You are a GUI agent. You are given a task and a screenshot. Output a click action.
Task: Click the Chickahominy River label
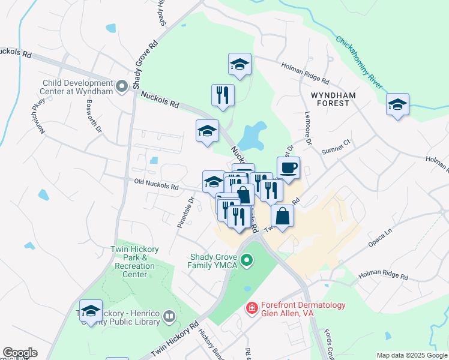pos(359,59)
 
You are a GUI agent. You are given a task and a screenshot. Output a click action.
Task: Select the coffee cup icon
pos(288,168)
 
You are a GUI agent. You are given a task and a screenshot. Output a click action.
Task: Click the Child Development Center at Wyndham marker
pos(122,87)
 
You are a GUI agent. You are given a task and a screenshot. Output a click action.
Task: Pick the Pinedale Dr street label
pos(187,212)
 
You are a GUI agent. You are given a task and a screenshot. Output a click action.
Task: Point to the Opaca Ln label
pos(381,239)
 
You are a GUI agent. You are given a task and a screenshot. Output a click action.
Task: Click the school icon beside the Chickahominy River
pos(397,104)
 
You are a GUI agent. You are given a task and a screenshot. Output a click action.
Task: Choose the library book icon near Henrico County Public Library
pos(169,316)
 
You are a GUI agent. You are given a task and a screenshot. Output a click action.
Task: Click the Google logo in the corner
pos(20,352)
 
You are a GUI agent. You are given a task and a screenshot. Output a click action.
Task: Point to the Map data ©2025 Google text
pos(411,355)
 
